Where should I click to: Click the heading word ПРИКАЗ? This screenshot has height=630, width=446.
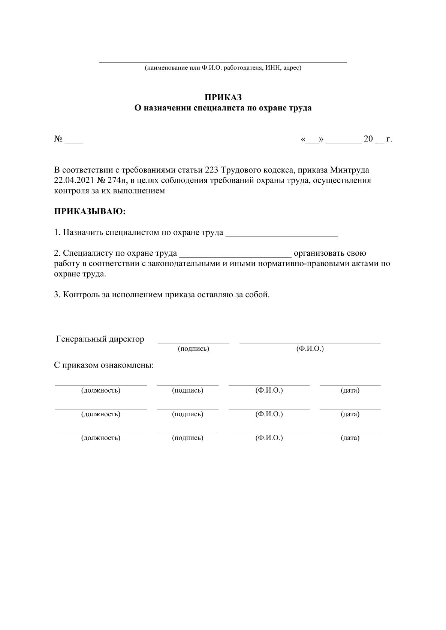pos(223,98)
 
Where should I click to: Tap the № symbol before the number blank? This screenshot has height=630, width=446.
pos(58,139)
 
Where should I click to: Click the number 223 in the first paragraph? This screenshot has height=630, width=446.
pos(212,170)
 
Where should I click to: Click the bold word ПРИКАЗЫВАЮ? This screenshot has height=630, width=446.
pos(90,211)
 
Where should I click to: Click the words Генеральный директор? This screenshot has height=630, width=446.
pos(100,339)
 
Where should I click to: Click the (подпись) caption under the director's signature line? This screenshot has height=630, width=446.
pos(193,349)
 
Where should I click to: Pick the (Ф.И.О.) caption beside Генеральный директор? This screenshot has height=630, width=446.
pos(310,349)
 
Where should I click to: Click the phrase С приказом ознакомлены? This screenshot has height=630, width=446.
pos(104,365)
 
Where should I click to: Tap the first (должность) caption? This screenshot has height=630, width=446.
pos(101,390)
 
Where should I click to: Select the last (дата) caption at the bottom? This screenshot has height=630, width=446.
pos(350,438)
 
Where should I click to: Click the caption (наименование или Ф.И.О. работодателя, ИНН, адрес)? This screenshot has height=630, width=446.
pos(223,68)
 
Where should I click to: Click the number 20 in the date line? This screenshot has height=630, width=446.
pos(368,139)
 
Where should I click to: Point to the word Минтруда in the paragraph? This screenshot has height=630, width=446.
pos(349,170)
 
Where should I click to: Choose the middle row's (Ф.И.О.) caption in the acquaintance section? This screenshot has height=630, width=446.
pos(269,414)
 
